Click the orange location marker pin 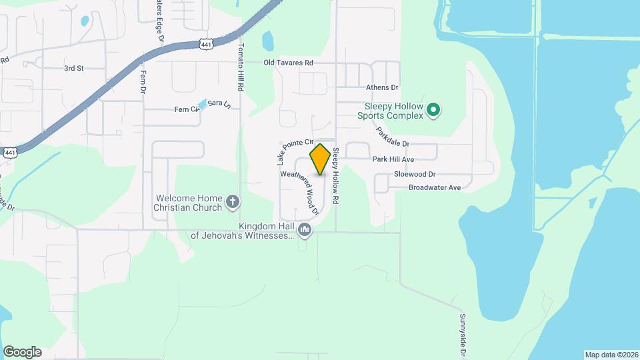point(321,159)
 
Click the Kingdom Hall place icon point(305,231)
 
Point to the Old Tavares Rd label point(288,63)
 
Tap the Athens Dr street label point(382,87)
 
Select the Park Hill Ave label point(393,159)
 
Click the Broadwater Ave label point(435,188)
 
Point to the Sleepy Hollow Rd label point(336,175)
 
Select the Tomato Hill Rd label point(241,67)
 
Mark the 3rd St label point(73,68)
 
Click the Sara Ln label point(219,104)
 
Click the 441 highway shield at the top point(206,43)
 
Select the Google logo point(22,352)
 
